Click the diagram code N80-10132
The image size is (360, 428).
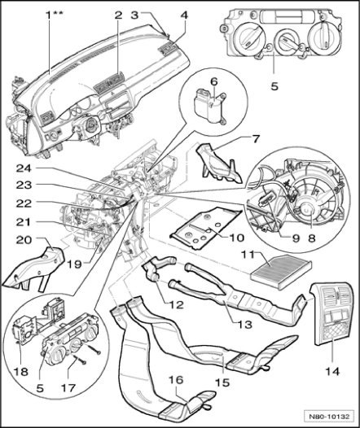click(x=329, y=417)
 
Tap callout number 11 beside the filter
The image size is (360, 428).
click(x=247, y=255)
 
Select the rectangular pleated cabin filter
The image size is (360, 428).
click(x=281, y=271)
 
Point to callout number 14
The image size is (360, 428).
click(x=331, y=371)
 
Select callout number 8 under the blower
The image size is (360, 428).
click(x=236, y=238)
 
